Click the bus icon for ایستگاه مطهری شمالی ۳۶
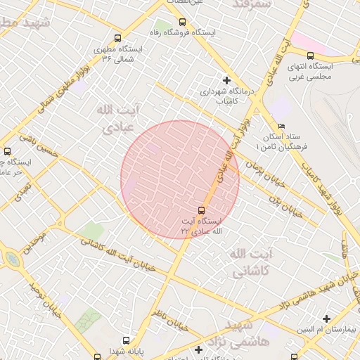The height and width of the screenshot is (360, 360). pos(117,38)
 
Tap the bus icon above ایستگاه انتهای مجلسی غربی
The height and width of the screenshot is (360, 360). pos(310,55)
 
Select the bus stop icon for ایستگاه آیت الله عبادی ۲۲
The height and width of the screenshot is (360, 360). pos(202,210)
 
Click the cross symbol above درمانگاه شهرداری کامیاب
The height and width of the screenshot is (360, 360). pos(226,80)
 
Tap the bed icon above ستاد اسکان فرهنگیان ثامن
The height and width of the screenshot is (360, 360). pos(281,125)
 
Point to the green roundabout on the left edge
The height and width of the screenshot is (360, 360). pos(13,260)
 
